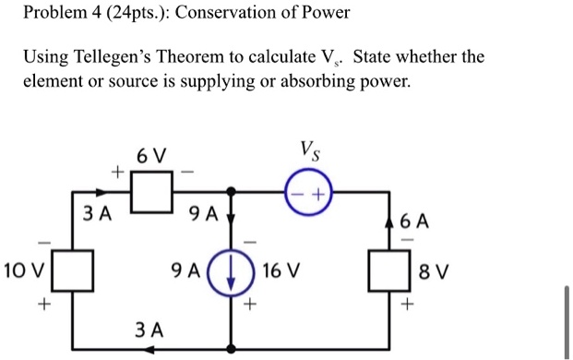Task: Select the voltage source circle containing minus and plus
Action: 309,195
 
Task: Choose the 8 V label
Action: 431,273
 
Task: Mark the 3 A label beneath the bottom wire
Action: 149,330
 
